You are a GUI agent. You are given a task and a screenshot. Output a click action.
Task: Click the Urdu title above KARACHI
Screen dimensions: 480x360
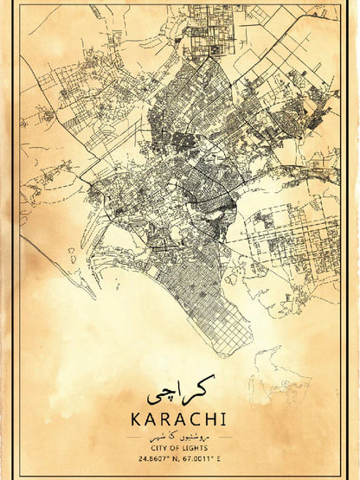(x=180, y=395)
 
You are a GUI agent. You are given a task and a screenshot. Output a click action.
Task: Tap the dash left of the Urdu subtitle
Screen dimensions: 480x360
(x=142, y=437)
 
